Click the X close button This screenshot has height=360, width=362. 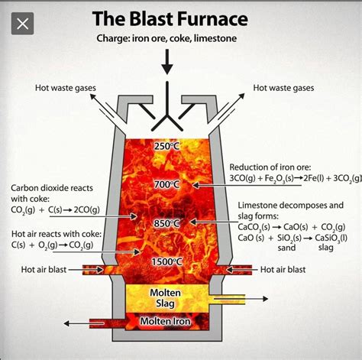tap(24, 23)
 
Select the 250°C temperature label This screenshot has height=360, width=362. tap(166, 146)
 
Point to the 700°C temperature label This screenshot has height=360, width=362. tap(166, 184)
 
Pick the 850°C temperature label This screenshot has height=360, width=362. tap(166, 223)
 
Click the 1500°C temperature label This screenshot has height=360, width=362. tap(166, 262)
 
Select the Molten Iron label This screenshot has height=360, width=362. tap(167, 322)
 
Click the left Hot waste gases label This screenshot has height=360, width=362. tap(66, 88)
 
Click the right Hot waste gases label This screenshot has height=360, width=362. tap(283, 88)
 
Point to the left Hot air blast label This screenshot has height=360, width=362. tap(44, 269)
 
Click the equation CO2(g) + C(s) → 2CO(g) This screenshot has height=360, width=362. tap(50, 209)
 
